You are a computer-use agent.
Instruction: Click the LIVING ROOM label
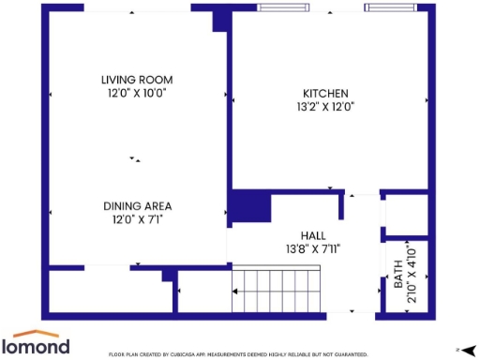click(x=137, y=80)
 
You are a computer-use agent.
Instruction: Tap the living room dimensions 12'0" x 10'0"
click(x=137, y=93)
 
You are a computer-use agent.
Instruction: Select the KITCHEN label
click(x=325, y=94)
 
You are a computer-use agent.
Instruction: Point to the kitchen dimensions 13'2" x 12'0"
click(x=325, y=107)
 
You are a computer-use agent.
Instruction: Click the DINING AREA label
click(x=137, y=206)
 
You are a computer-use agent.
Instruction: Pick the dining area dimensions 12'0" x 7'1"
click(x=137, y=219)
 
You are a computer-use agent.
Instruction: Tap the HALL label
click(x=312, y=235)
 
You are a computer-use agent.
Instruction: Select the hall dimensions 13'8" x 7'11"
click(x=312, y=249)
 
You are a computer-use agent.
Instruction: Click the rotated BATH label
click(x=397, y=274)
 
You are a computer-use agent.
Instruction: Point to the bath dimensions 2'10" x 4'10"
click(x=410, y=274)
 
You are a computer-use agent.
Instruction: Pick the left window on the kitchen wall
click(x=285, y=8)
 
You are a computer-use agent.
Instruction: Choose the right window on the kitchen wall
click(x=392, y=8)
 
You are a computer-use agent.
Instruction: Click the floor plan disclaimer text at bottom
click(x=238, y=354)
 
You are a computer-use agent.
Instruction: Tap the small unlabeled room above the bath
click(x=406, y=217)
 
